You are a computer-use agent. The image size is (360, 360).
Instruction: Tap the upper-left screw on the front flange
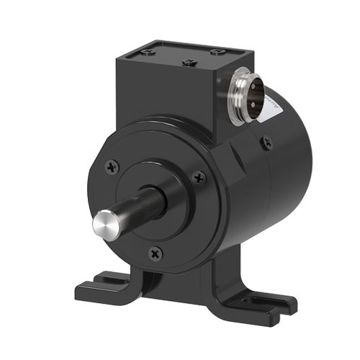coord(110,166)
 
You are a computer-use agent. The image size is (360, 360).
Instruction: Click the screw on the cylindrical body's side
coord(267,143)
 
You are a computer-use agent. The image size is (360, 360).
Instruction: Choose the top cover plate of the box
coord(184,55)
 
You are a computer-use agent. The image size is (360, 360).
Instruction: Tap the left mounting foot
coord(108,287)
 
